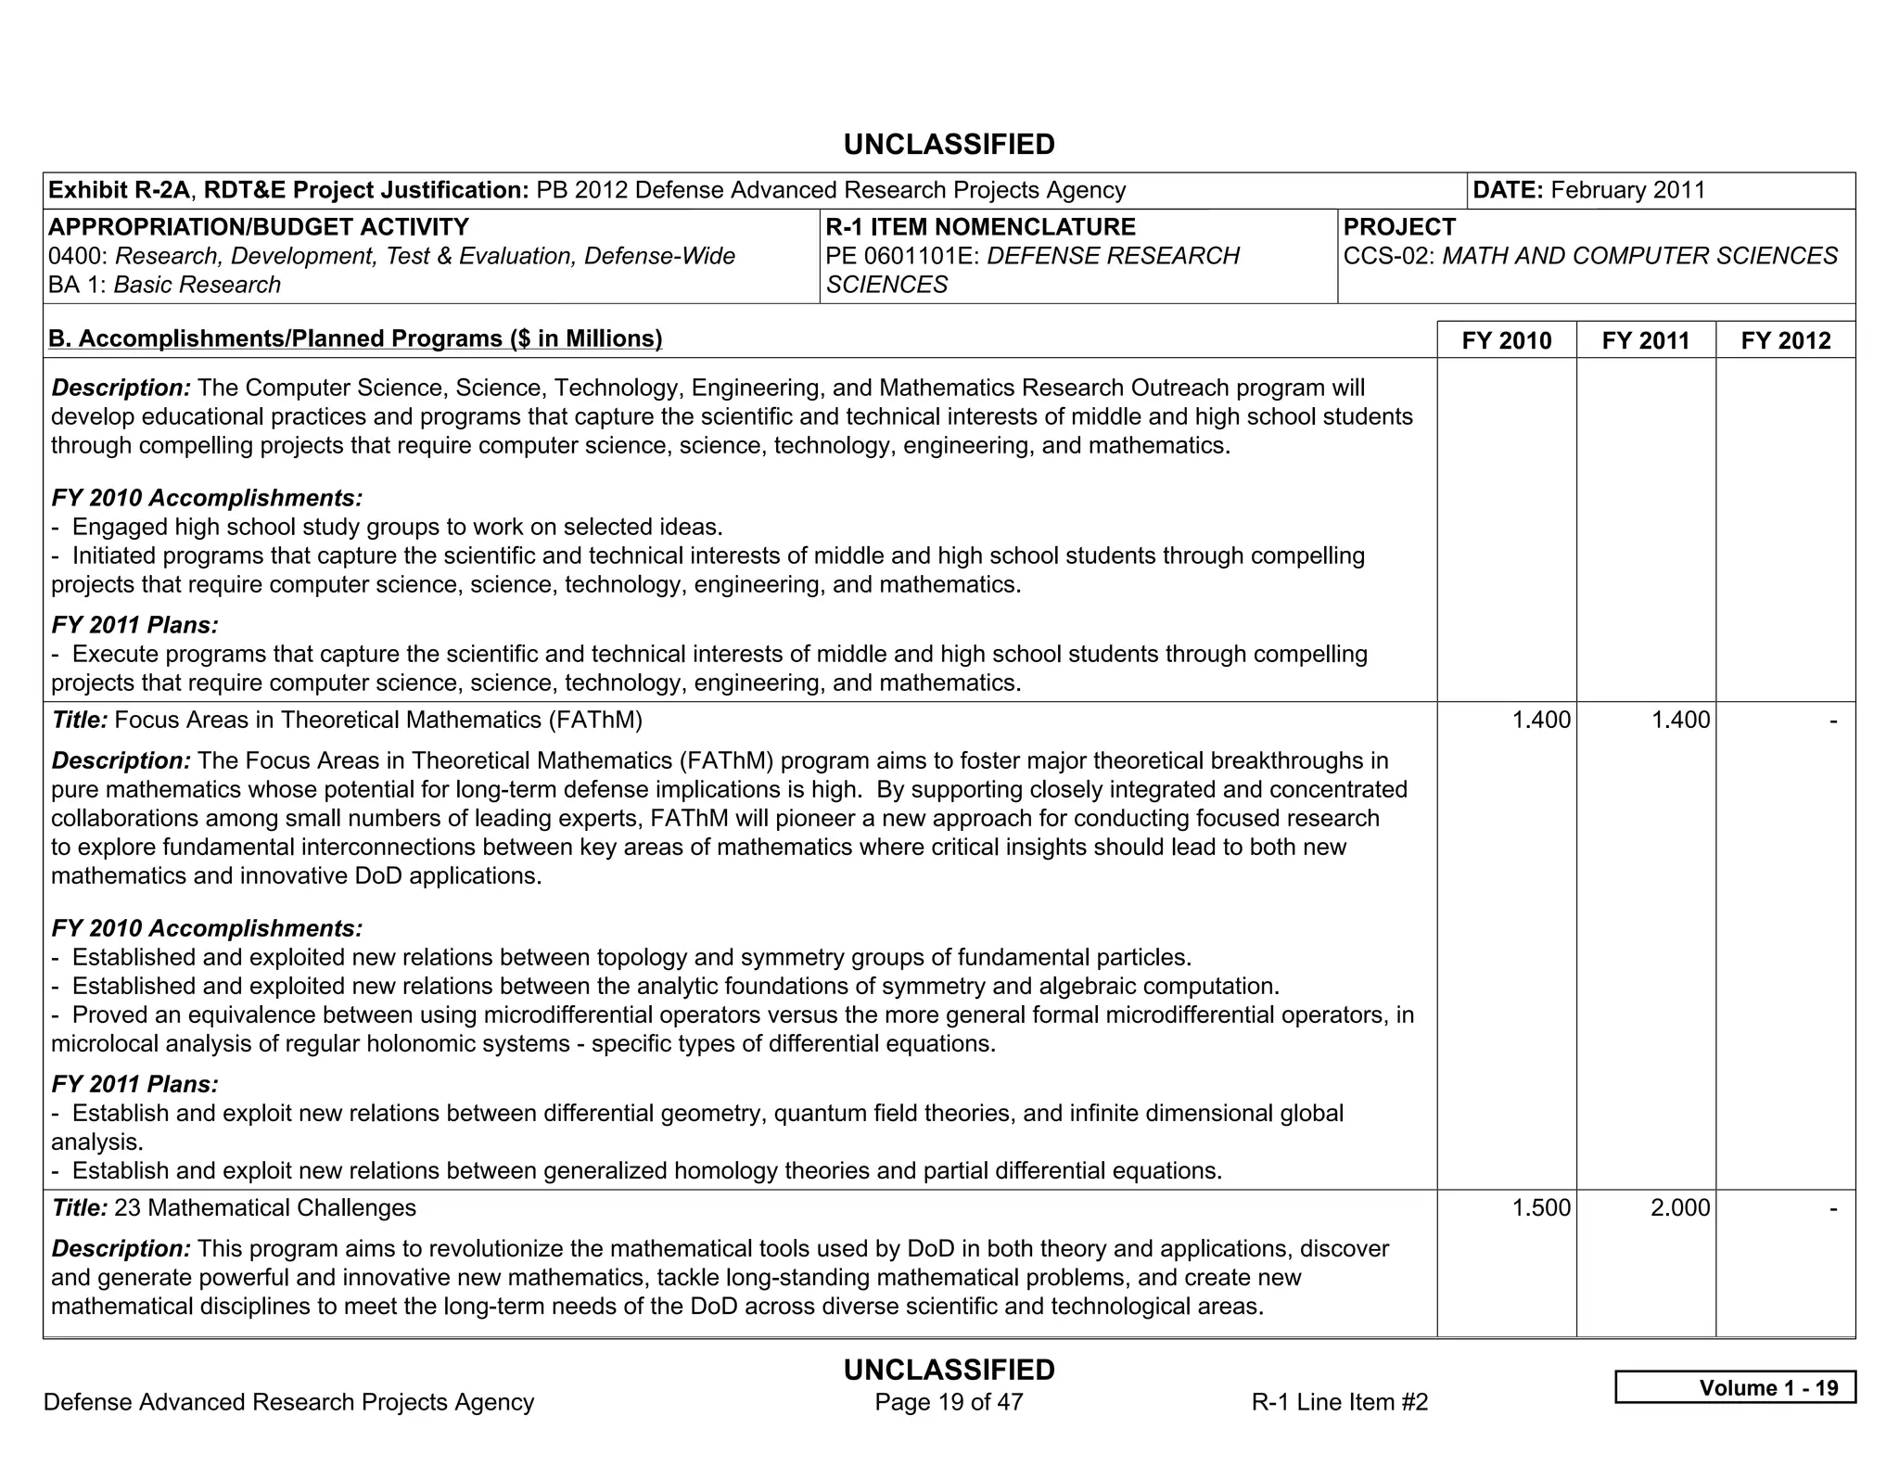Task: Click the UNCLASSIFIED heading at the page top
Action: tap(949, 145)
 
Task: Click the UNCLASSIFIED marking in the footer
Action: tap(949, 1370)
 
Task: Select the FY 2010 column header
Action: tap(1506, 340)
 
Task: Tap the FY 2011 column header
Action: tap(1645, 340)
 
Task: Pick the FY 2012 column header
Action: tap(1785, 340)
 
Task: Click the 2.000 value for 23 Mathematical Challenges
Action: tap(1680, 1207)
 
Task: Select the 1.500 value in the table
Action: tap(1541, 1207)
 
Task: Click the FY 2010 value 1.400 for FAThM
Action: tap(1541, 720)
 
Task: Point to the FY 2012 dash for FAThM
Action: tap(1832, 720)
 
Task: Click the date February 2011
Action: tap(1627, 190)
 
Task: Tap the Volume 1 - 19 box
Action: tap(1735, 1387)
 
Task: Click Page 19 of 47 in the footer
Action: tap(949, 1401)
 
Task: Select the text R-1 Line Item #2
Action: tap(1339, 1402)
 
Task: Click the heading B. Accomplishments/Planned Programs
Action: tap(355, 338)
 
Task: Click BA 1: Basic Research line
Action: tap(164, 285)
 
